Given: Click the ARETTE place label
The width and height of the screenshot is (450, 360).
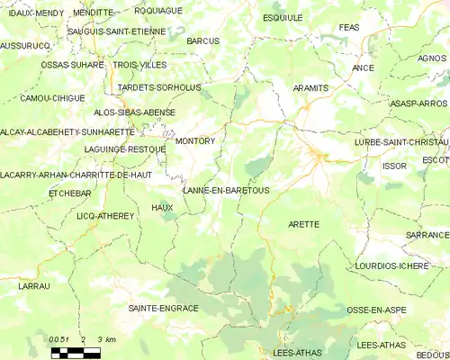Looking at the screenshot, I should (303, 223).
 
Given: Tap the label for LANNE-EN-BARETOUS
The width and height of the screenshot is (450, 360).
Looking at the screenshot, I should (226, 191).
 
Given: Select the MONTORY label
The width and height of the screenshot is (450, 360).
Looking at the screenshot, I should (194, 141).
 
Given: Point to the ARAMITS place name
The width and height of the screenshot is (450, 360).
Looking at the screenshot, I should (310, 88).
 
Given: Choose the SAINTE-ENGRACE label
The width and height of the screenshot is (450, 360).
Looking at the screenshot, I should (163, 308).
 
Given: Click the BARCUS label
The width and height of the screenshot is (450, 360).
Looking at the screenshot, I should (203, 41).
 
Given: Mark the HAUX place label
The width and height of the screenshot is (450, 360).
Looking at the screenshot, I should (162, 208).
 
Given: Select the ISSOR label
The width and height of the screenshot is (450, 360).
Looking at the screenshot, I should (394, 166).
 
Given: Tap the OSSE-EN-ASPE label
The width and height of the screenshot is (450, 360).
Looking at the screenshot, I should (377, 310).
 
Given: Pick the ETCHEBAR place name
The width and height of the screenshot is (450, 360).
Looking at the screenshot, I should (69, 193).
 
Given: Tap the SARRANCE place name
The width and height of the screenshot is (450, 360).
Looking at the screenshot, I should (426, 234).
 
